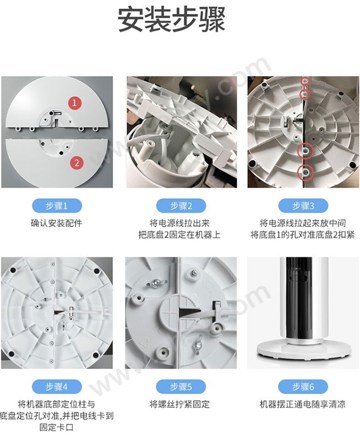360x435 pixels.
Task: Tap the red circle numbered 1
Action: [74, 103]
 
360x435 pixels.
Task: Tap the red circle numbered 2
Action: [77, 162]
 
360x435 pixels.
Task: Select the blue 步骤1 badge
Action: [57, 206]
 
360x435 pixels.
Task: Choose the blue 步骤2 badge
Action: [181, 206]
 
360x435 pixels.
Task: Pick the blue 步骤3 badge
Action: [303, 206]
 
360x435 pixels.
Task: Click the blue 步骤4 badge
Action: [57, 387]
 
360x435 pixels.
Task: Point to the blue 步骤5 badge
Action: [181, 387]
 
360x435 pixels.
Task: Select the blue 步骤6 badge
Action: [303, 387]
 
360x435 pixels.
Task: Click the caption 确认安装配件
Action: [57, 223]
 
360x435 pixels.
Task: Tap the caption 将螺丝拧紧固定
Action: [180, 404]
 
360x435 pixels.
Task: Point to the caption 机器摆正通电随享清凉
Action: [303, 404]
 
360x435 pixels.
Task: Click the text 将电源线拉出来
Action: [180, 223]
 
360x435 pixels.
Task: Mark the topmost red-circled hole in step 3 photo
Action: [305, 81]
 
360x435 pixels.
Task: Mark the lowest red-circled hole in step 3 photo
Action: [305, 172]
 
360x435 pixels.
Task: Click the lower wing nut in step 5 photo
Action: [198, 344]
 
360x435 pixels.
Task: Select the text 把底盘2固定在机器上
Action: [180, 235]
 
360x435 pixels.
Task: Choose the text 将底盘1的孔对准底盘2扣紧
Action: [303, 235]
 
